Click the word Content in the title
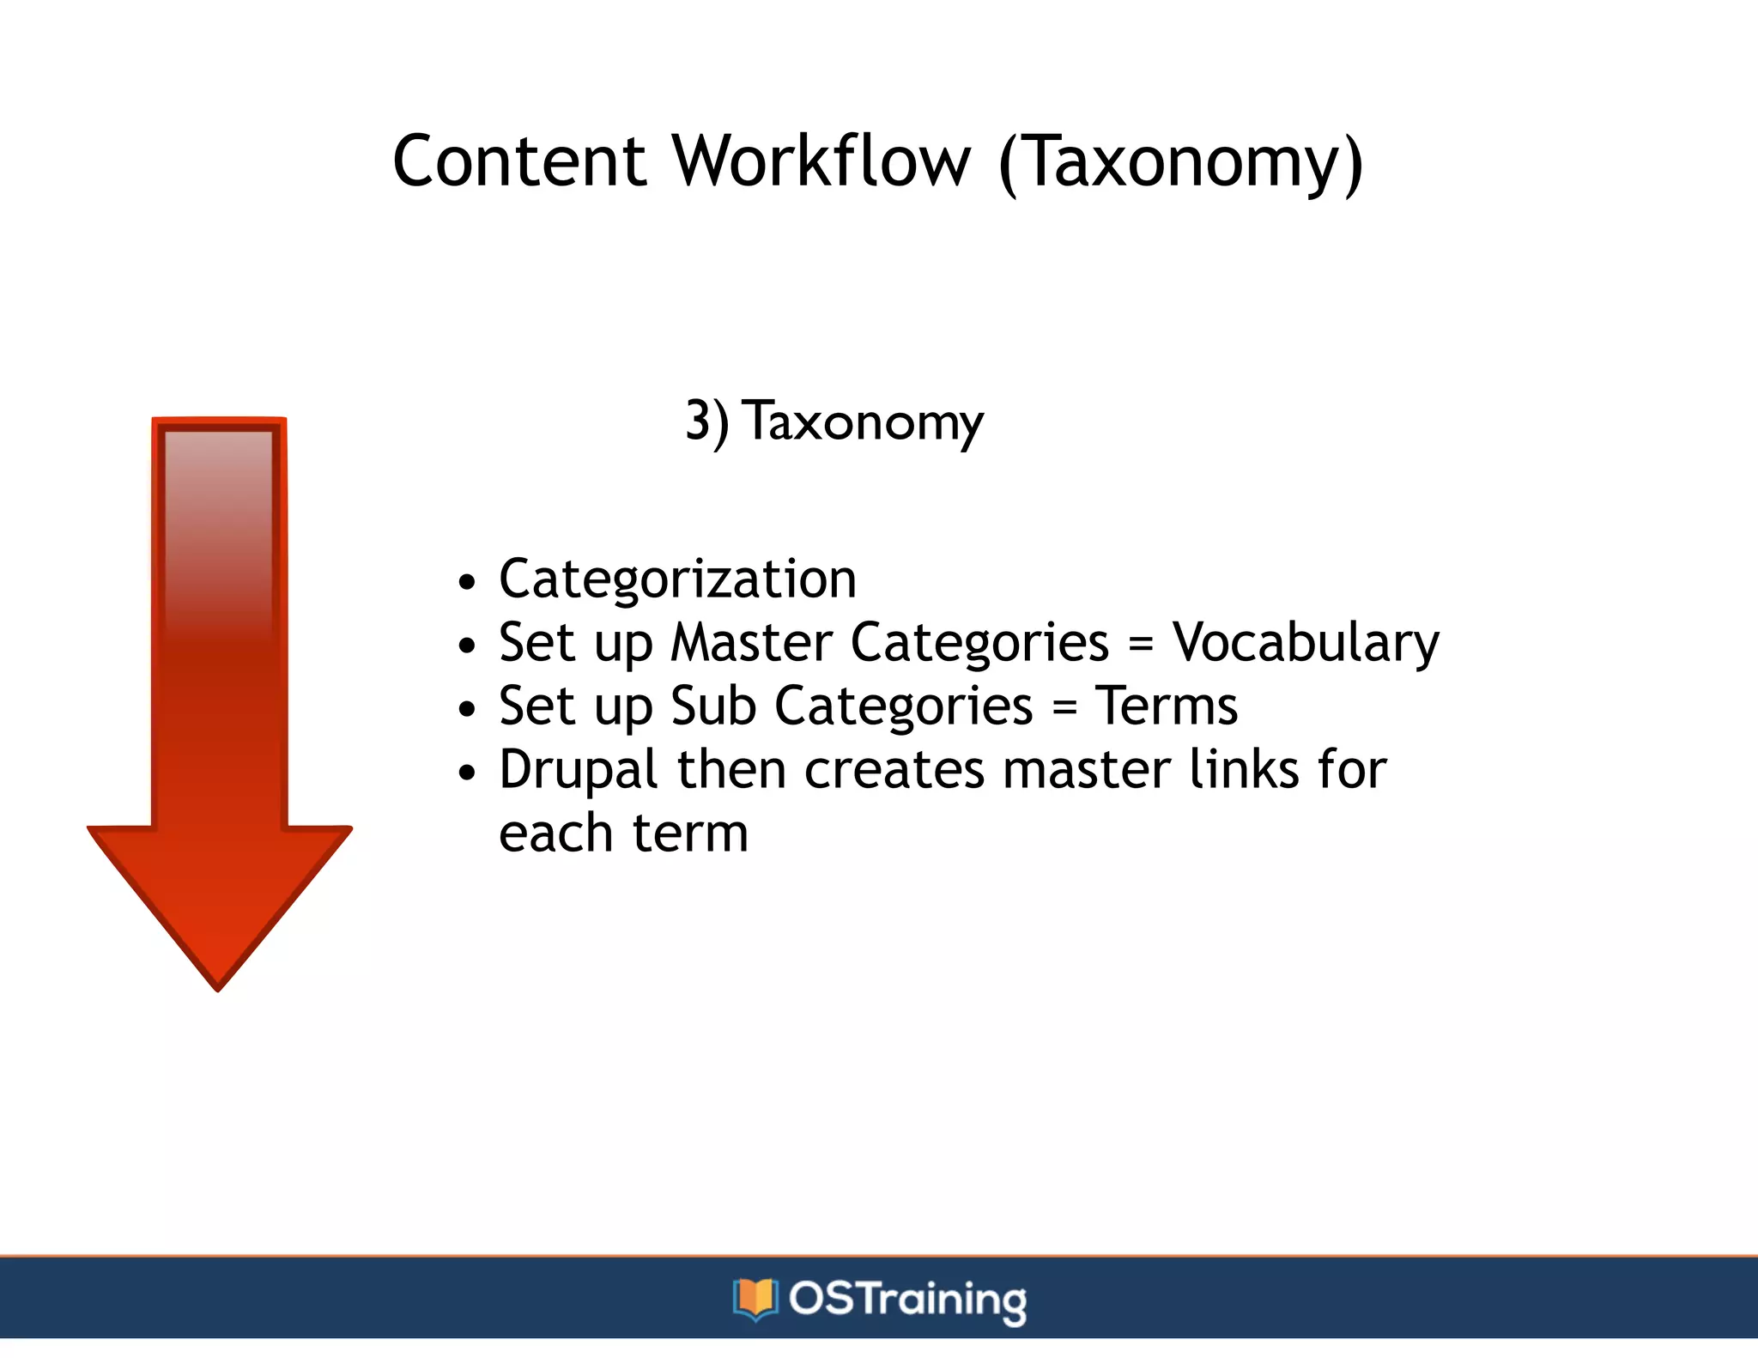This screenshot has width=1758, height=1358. (518, 161)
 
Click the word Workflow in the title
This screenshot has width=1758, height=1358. (821, 161)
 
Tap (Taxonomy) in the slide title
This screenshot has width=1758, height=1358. (1181, 163)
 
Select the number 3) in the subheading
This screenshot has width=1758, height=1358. (706, 422)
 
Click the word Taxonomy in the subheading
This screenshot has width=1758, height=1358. (864, 422)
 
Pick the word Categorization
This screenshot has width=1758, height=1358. (677, 579)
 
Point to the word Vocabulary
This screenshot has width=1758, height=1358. (1306, 643)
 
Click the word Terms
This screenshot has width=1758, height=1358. (1167, 706)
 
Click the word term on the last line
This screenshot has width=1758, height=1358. (690, 834)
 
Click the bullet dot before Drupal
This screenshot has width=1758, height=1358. (466, 773)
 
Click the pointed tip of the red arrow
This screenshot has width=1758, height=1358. (218, 987)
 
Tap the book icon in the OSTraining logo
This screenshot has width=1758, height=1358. (755, 1299)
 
